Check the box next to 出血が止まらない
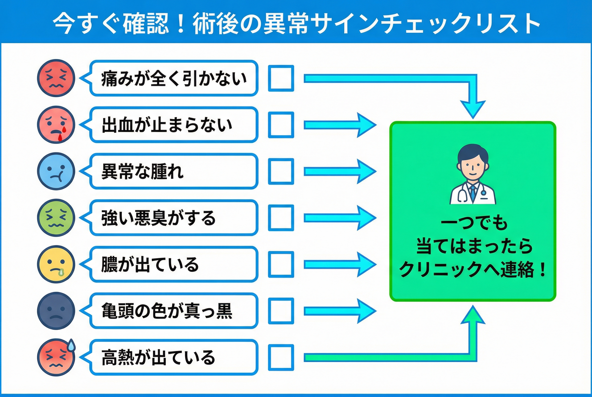(281, 125)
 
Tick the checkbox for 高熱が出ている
(281, 357)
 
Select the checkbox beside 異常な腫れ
(281, 171)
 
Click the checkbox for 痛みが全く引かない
(281, 78)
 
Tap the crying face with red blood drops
(56, 125)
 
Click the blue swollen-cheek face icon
(56, 171)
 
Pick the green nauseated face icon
(56, 218)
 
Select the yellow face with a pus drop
(56, 264)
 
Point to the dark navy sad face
(56, 311)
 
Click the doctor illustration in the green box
(473, 175)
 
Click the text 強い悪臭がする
(158, 218)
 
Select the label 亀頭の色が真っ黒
(167, 311)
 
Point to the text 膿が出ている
(150, 264)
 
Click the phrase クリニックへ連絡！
(473, 270)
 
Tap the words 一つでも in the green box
(474, 223)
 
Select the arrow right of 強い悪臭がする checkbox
(340, 218)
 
